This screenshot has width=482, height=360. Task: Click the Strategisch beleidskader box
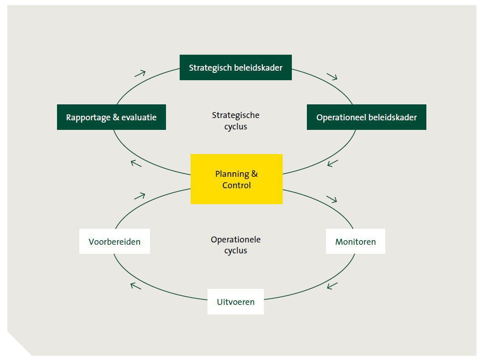pos(235,67)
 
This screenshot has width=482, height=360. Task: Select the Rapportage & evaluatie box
pos(111,117)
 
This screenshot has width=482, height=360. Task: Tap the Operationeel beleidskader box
pos(366,117)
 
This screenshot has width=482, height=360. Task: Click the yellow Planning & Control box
pos(236,179)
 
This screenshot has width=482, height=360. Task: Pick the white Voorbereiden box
pos(114,242)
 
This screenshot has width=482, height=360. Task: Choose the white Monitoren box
pos(355,242)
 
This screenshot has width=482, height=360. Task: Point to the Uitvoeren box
pos(235,302)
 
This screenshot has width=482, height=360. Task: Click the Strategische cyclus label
pos(235,121)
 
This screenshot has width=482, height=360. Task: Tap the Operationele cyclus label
pos(235,245)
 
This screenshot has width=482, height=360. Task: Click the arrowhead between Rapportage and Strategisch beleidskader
pos(140,73)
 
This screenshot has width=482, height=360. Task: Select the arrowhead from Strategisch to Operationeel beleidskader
pos(332,76)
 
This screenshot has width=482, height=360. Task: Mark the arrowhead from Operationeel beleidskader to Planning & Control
pos(332,163)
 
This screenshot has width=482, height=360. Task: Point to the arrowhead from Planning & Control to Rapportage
pos(136,163)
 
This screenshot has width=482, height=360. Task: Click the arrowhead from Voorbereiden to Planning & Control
pos(140,196)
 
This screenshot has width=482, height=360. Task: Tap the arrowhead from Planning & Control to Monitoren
pos(332,199)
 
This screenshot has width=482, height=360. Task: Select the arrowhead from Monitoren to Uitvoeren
pos(332,286)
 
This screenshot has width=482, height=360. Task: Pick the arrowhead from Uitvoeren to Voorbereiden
pos(135,286)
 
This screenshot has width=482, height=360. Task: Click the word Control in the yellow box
pos(236,185)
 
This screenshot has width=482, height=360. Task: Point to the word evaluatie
pos(139,117)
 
